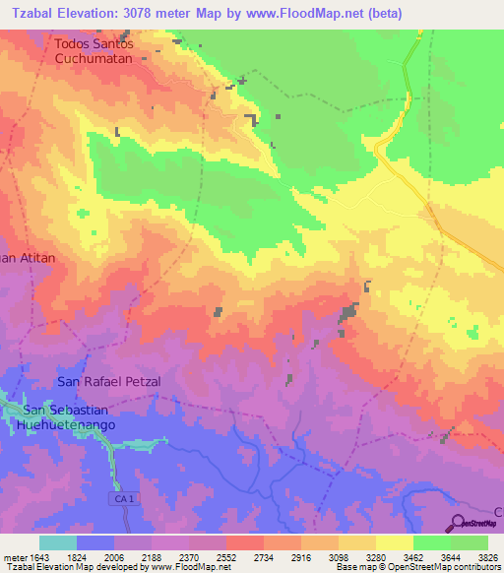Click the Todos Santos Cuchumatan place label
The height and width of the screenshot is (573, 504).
tap(107, 51)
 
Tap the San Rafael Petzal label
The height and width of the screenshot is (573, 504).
tap(108, 381)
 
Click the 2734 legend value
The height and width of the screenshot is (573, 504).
tap(264, 557)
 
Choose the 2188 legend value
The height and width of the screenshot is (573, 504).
tap(152, 557)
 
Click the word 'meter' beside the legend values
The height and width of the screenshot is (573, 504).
tap(13, 557)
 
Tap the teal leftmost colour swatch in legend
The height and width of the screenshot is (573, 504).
tap(58, 542)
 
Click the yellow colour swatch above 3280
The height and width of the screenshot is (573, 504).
tap(395, 542)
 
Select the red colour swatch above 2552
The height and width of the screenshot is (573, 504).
tap(245, 542)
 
